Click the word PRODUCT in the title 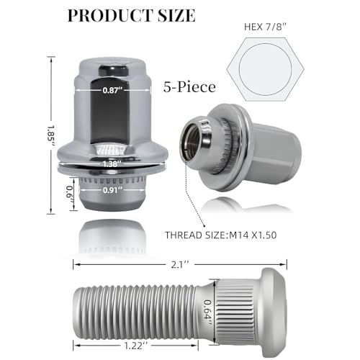111,16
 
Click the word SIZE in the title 176,16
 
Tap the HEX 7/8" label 266,27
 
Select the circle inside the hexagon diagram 265,69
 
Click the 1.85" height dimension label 51,136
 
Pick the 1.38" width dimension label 110,164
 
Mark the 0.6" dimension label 70,194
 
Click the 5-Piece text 189,87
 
